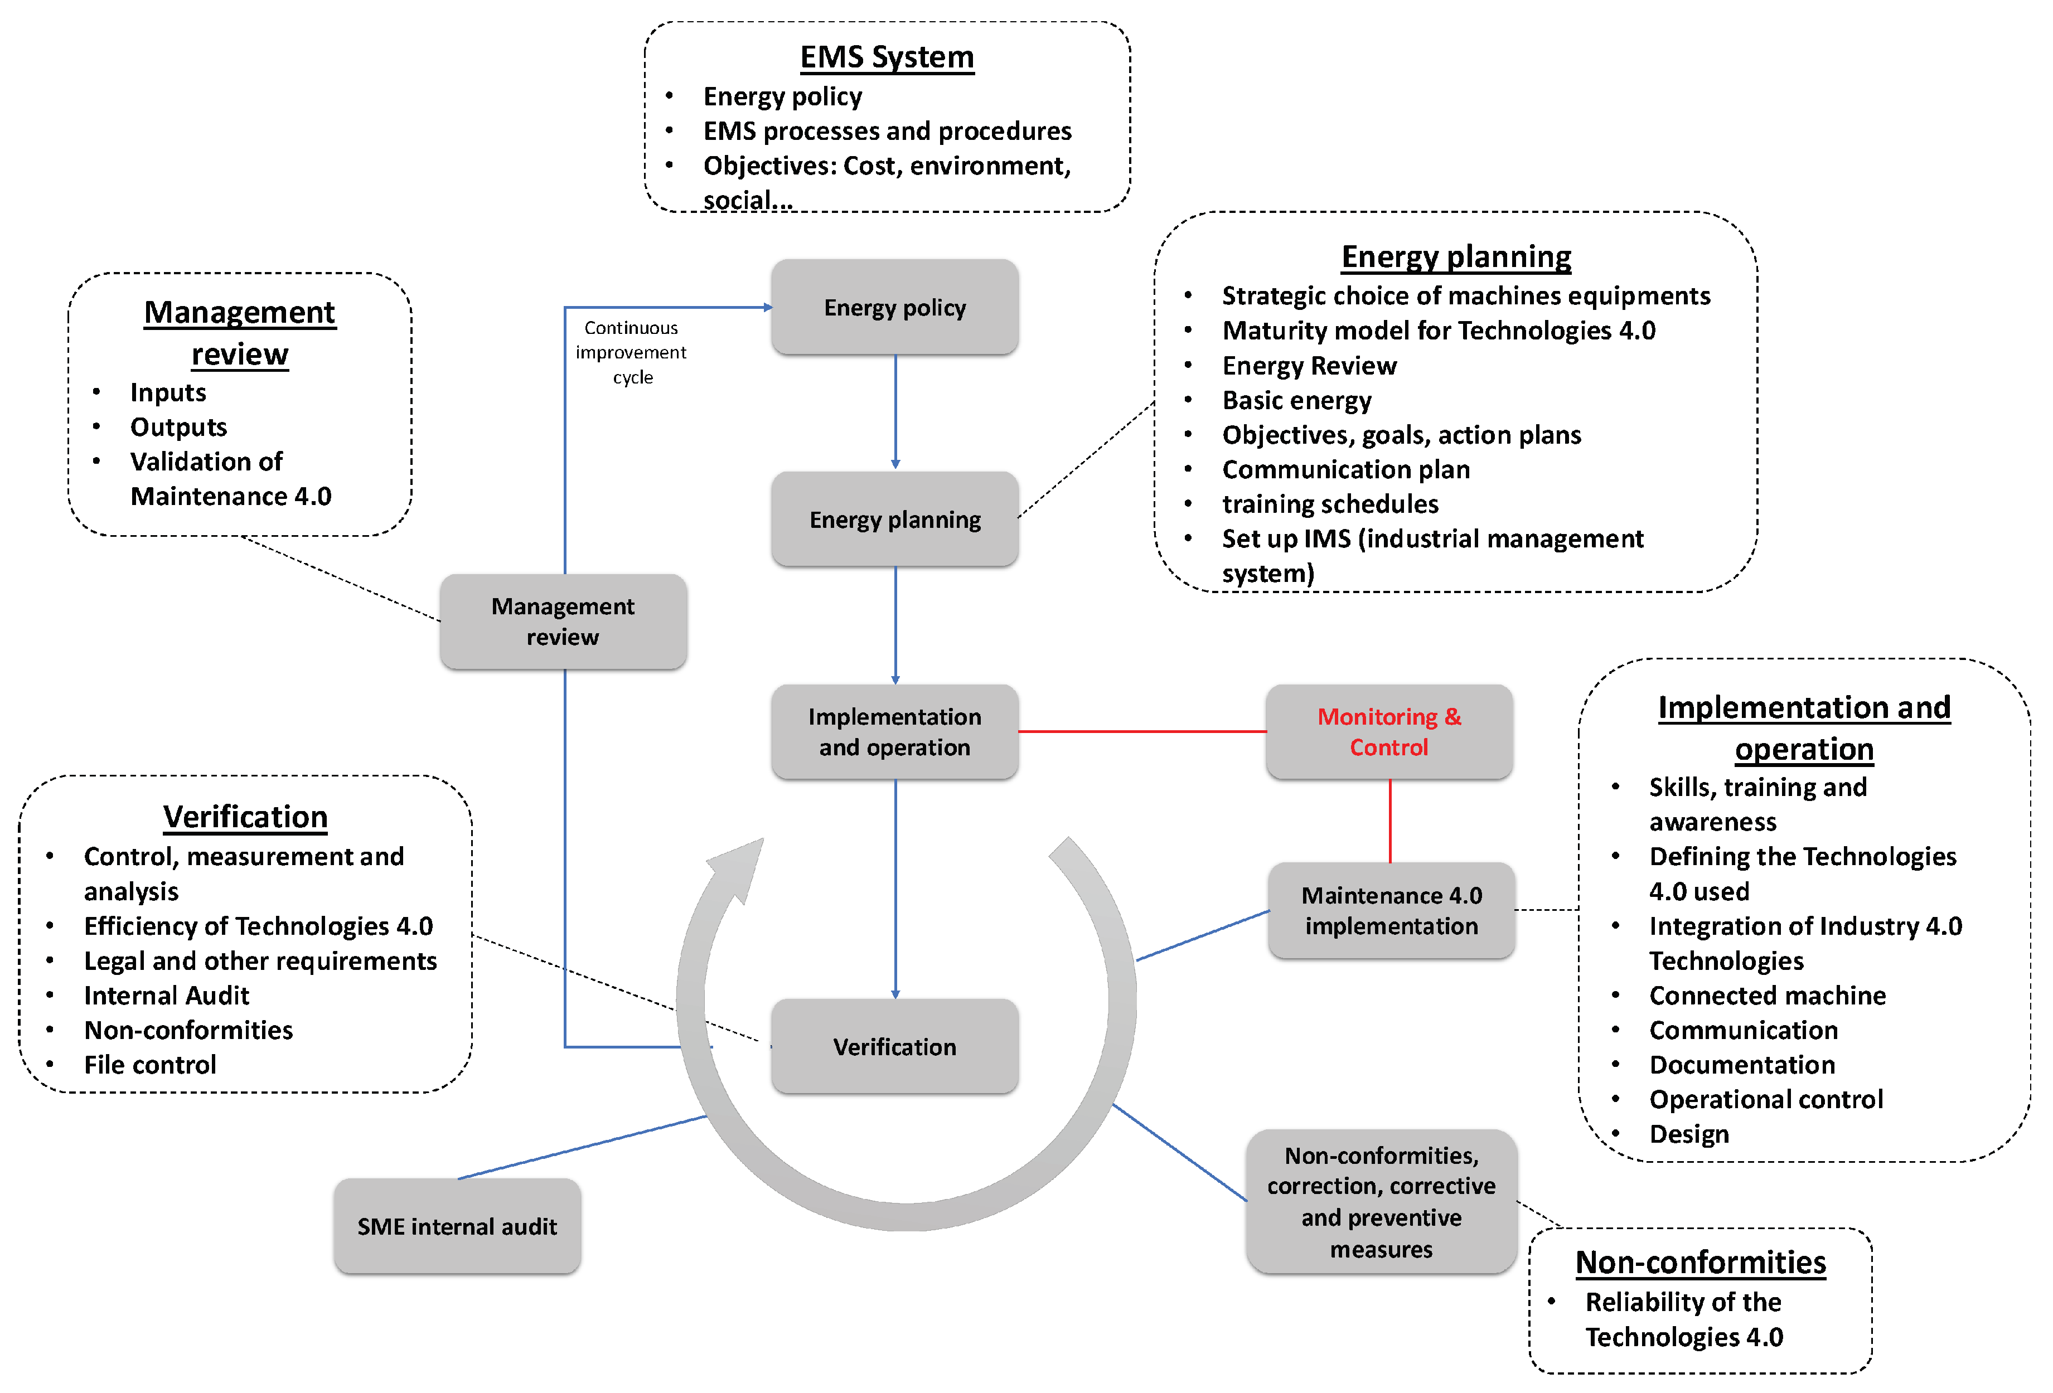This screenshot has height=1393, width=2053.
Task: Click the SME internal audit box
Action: pyautogui.click(x=457, y=1226)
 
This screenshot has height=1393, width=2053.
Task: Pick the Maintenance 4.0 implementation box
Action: pyautogui.click(x=1391, y=911)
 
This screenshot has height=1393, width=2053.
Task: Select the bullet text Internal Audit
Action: pyautogui.click(x=166, y=996)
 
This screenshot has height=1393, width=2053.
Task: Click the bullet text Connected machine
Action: pyautogui.click(x=1767, y=996)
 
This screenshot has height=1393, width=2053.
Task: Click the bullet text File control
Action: pyautogui.click(x=149, y=1065)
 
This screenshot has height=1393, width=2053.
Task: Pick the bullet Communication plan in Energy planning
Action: pyautogui.click(x=1345, y=470)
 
